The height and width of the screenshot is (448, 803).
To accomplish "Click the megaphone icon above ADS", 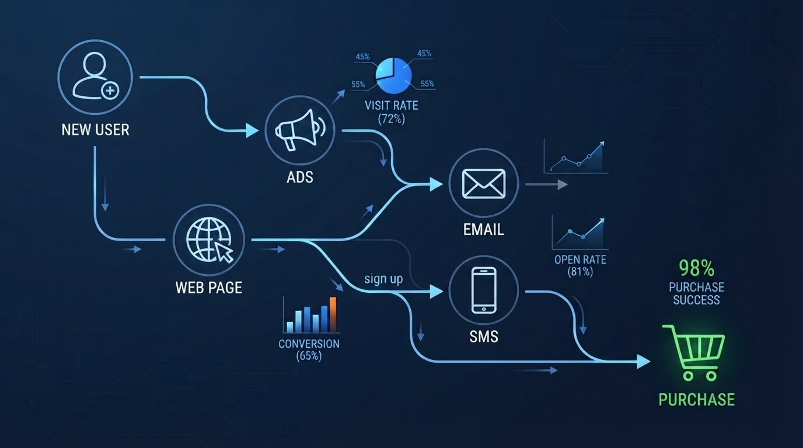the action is (x=300, y=129).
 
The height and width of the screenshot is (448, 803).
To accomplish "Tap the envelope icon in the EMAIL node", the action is (x=484, y=184).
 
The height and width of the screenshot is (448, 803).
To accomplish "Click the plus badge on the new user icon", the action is (x=110, y=90).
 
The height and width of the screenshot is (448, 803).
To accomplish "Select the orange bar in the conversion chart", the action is (x=333, y=314).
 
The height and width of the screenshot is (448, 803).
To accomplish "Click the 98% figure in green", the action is (x=696, y=268).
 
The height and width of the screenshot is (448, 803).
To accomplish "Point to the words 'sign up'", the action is (x=383, y=279).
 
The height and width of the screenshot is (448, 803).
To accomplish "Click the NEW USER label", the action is (x=95, y=129).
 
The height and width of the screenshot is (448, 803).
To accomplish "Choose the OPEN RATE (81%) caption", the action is (x=580, y=265).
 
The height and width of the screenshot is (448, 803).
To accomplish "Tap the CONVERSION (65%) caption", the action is (x=309, y=350).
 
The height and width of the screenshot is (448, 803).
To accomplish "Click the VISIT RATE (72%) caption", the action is (x=392, y=112).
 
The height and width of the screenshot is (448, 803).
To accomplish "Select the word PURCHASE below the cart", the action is (x=697, y=400).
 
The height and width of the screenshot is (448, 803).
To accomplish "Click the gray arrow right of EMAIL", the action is (x=546, y=184).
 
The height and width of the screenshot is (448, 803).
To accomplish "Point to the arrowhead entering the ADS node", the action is (x=252, y=131).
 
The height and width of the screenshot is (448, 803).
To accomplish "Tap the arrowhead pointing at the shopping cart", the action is (x=644, y=361).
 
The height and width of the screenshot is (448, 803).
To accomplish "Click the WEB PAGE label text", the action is (x=209, y=288).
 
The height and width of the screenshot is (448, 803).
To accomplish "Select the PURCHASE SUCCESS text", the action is (x=696, y=293).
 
